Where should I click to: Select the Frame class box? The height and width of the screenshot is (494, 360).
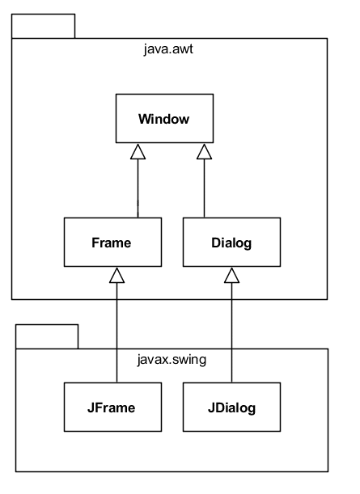click(x=112, y=242)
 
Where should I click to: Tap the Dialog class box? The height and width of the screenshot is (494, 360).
click(x=232, y=242)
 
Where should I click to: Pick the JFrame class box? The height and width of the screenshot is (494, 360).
click(x=112, y=407)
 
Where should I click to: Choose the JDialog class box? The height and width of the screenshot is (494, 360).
click(x=232, y=407)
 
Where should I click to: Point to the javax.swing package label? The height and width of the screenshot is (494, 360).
click(x=172, y=360)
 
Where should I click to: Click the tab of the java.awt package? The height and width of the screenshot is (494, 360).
click(x=43, y=26)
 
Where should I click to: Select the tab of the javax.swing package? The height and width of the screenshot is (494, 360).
click(x=47, y=336)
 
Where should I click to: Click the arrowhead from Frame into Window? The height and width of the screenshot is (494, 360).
click(x=138, y=151)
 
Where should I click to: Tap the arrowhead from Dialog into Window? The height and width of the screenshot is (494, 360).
click(x=204, y=151)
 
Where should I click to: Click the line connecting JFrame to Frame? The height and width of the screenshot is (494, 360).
click(x=117, y=331)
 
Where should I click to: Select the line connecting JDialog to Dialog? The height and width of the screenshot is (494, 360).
click(x=232, y=331)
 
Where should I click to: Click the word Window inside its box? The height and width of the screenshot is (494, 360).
click(x=164, y=120)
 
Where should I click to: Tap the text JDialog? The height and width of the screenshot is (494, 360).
click(x=232, y=407)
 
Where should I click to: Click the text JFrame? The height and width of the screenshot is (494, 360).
click(x=112, y=407)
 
